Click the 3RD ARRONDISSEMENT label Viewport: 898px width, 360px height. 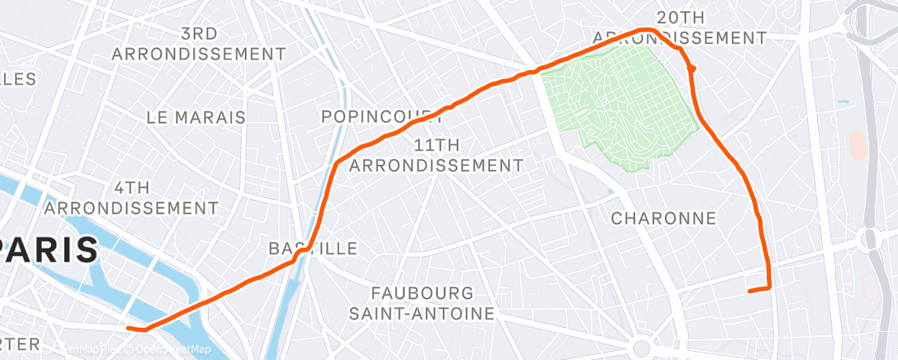199,44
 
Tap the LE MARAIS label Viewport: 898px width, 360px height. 196,117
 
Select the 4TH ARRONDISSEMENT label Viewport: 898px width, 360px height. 133,197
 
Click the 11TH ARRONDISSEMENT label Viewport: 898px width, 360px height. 437,155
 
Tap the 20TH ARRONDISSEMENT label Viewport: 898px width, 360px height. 680,28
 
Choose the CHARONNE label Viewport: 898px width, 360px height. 664,219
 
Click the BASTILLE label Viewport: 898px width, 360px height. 314,249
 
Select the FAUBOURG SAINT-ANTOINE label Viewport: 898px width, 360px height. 422,303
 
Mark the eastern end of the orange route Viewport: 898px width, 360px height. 749,291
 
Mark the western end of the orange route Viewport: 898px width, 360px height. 129,329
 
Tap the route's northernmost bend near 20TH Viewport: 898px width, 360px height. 648,31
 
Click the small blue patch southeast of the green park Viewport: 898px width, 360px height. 610,192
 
